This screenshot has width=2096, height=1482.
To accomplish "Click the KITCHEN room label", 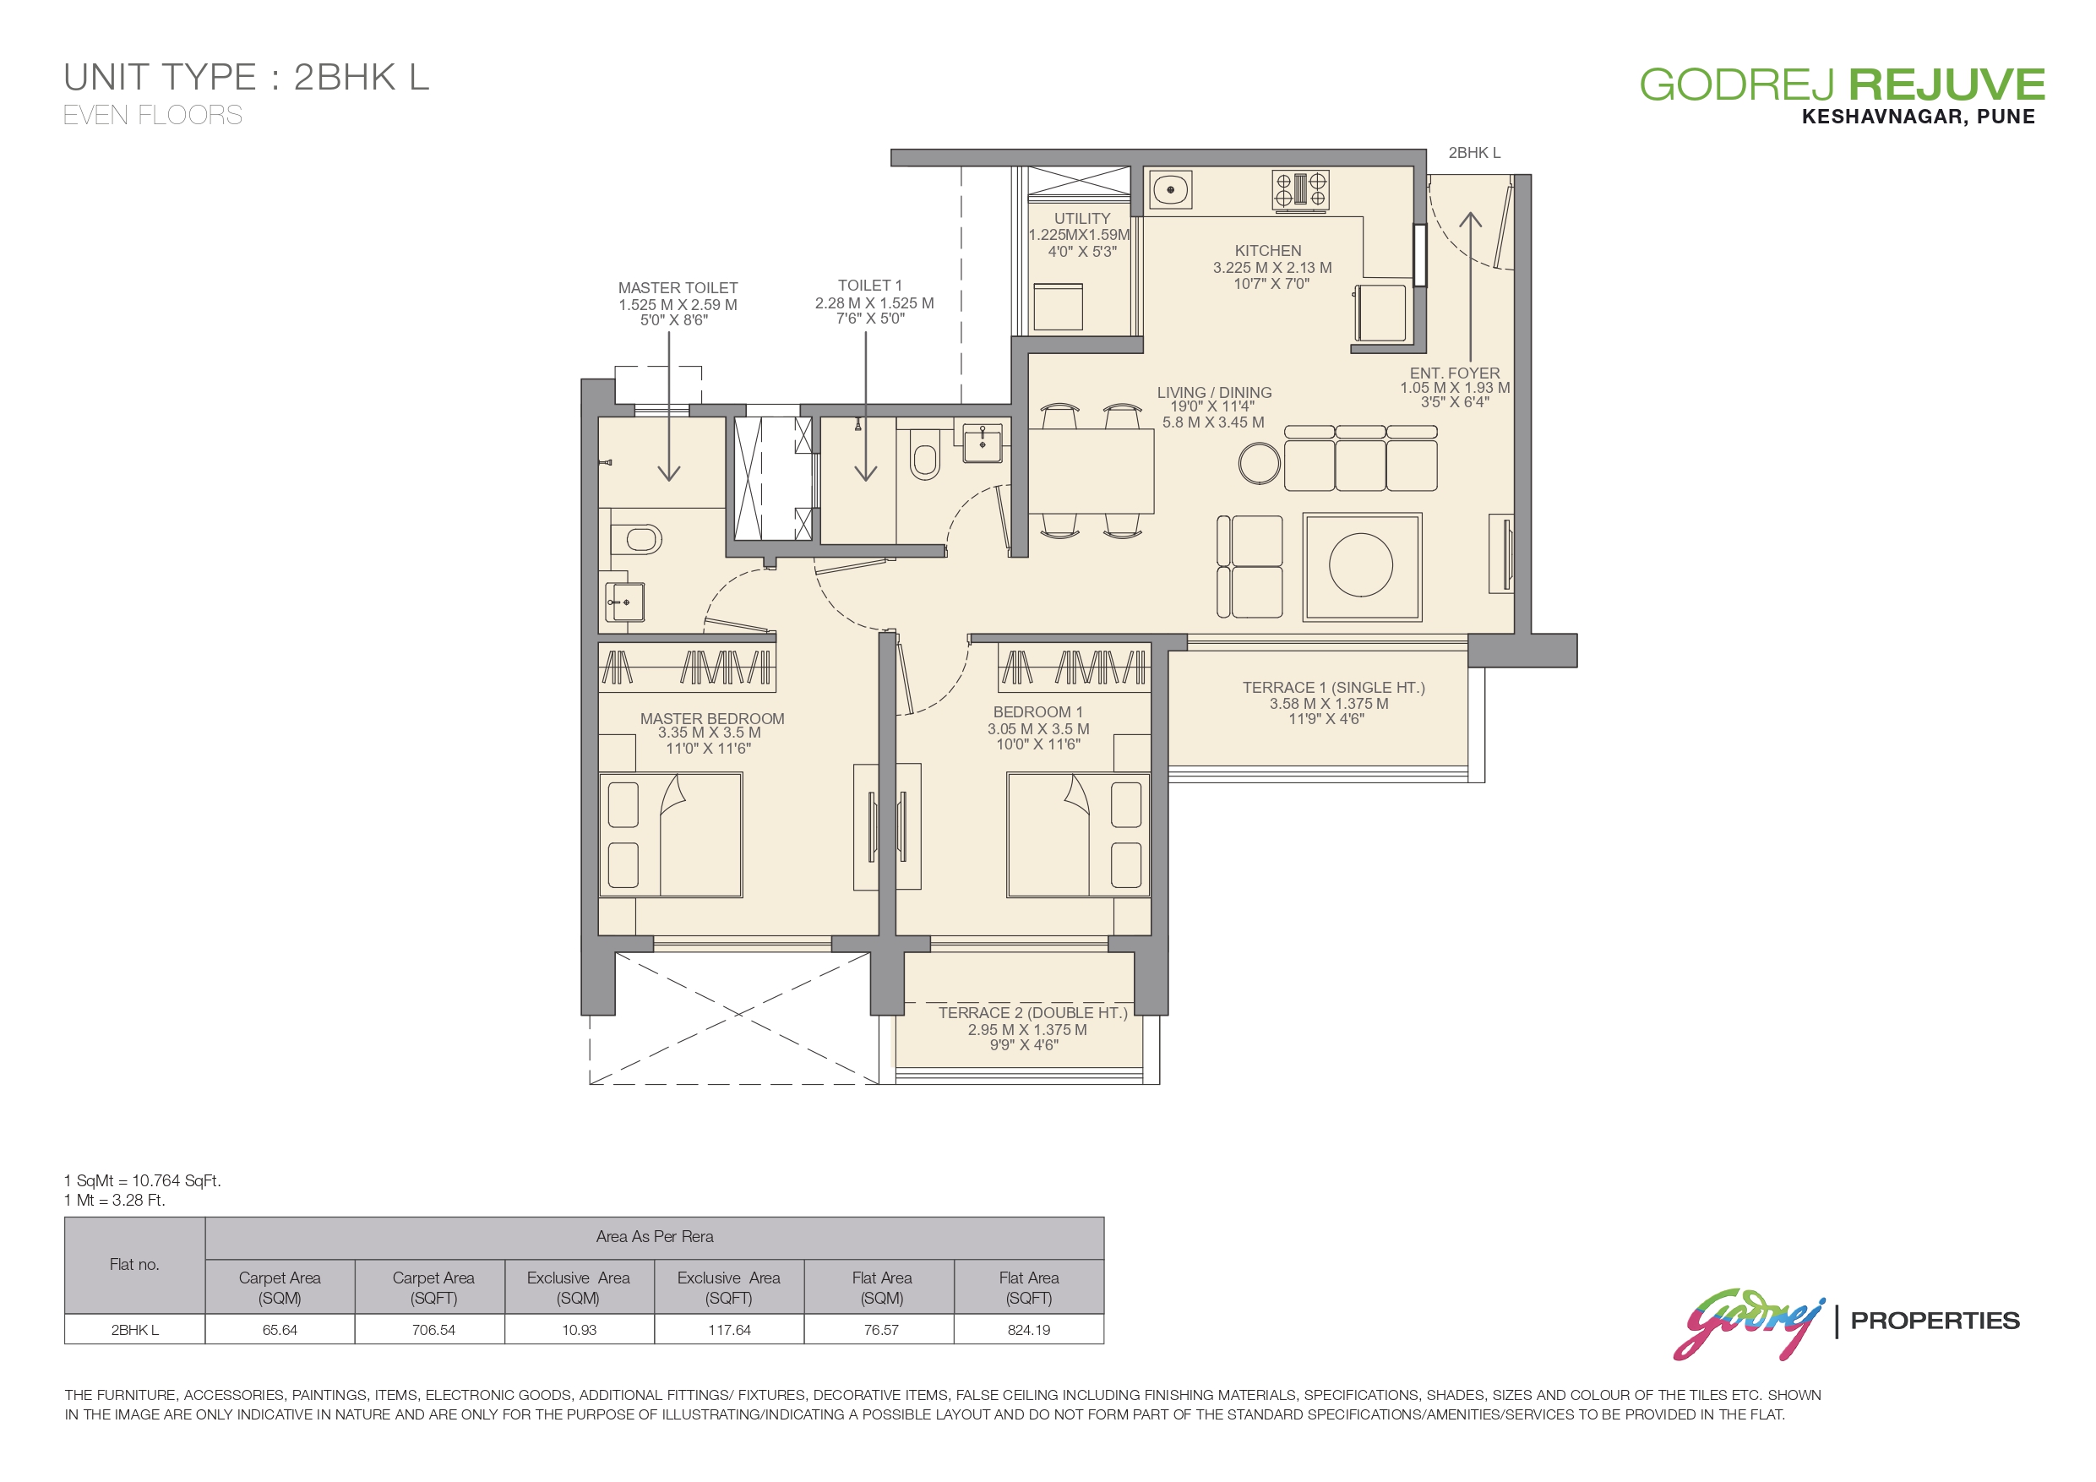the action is (1268, 250).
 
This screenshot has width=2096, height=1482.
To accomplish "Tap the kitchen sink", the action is (1169, 190).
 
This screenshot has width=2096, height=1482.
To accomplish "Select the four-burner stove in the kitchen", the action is (1300, 191).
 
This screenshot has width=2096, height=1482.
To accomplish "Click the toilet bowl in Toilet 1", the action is (926, 460).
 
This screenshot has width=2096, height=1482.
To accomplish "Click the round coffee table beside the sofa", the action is (1259, 463).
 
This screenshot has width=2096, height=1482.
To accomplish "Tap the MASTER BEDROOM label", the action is (712, 719).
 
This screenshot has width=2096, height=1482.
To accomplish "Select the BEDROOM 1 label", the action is (1038, 711).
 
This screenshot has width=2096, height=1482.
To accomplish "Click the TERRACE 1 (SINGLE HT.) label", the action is (1333, 688).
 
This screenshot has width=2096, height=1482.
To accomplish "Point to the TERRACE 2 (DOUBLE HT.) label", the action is (1032, 1013).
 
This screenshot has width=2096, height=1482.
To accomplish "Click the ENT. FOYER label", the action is (1454, 373).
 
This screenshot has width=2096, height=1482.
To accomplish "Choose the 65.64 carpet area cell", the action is (280, 1330).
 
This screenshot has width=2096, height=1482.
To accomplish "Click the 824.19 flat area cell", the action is (1029, 1330).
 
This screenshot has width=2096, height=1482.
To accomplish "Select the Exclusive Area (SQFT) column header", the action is (728, 1288).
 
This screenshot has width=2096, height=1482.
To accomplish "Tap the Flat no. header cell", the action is (134, 1265).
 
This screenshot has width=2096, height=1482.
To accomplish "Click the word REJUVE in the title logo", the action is (1946, 84).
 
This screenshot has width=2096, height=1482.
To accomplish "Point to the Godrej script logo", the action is (1747, 1322).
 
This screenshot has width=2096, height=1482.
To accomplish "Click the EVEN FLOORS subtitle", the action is (152, 115).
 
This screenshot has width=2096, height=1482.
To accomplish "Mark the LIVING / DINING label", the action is (1214, 393).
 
